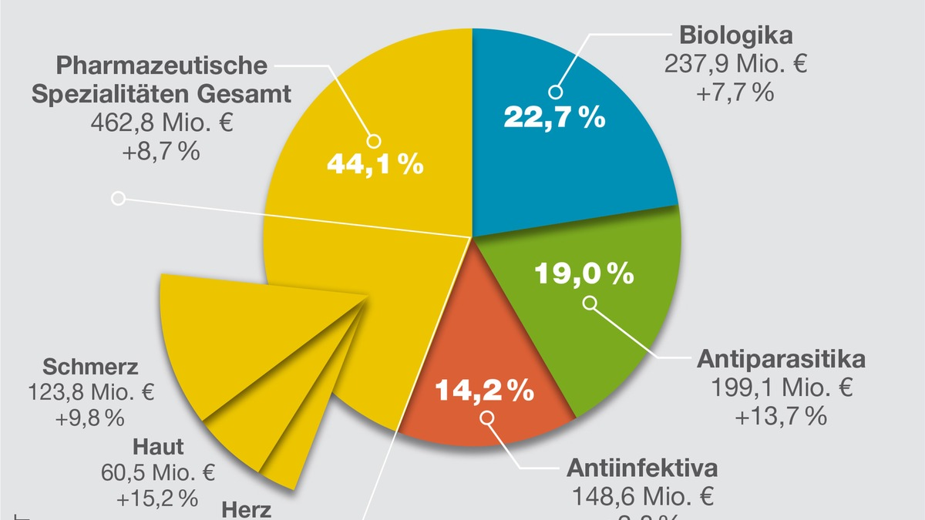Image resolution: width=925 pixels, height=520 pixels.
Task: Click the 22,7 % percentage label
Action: [x=554, y=118]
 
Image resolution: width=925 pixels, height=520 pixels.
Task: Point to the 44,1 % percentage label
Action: [x=375, y=164]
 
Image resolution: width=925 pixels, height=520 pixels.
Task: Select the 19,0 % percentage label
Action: [x=584, y=273]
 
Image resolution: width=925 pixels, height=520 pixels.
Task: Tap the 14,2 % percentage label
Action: [x=485, y=391]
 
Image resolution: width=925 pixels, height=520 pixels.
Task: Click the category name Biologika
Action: [x=736, y=35]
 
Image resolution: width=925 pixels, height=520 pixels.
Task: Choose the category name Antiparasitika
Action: [x=782, y=360]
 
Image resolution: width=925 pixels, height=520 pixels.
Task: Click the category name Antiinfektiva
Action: [x=642, y=468]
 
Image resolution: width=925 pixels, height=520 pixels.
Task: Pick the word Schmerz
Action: [x=90, y=366]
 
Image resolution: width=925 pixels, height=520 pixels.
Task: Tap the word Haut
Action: [x=158, y=446]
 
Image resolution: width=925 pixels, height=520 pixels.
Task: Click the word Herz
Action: [x=247, y=510]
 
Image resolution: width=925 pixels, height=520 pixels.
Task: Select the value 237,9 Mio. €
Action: [x=735, y=63]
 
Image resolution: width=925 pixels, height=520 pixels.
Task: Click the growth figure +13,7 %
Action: [x=781, y=416]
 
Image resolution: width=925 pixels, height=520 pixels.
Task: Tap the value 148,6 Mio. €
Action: [x=642, y=495]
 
